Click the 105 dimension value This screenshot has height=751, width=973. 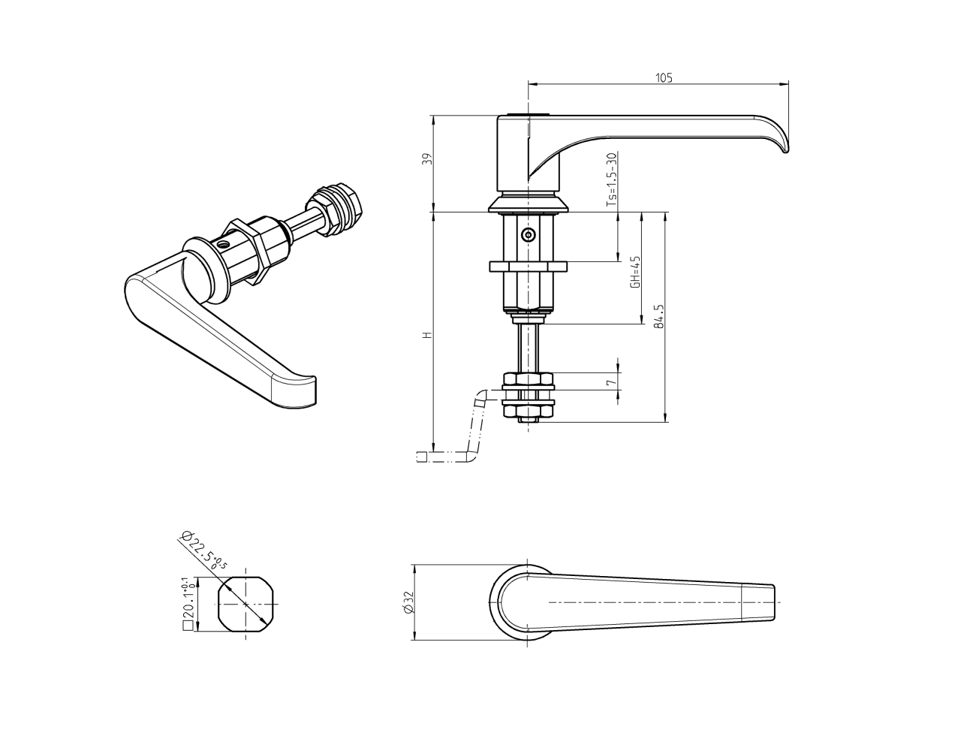664,77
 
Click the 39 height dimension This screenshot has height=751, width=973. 426,160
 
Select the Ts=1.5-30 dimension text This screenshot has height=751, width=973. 611,180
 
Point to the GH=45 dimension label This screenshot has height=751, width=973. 635,272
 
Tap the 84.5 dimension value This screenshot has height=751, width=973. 659,317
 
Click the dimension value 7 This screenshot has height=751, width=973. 612,382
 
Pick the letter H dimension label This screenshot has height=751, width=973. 426,334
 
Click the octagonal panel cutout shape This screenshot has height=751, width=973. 246,604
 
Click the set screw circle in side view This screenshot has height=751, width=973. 529,235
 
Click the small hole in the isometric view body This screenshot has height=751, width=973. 221,244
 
